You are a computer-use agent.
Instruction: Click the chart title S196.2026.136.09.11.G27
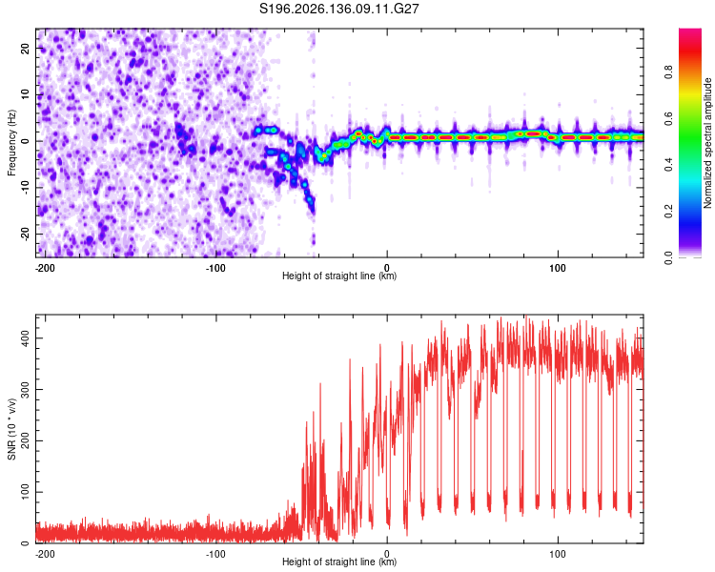338,9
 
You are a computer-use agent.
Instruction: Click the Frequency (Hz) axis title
11,143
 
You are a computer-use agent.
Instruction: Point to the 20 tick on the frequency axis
25,48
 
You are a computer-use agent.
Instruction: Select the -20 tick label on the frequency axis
25,235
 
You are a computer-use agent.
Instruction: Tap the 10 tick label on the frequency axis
25,94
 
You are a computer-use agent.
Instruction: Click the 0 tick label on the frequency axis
25,141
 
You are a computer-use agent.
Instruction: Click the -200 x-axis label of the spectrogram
45,268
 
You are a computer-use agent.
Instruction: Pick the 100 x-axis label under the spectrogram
558,268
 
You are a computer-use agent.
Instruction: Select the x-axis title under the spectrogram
339,276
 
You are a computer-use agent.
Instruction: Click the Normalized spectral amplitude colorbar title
707,143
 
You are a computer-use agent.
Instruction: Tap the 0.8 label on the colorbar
668,71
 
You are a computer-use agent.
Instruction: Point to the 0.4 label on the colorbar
668,165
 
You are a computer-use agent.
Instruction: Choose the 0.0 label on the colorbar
668,257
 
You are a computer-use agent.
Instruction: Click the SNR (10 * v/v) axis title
11,429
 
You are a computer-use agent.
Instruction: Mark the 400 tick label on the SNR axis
25,338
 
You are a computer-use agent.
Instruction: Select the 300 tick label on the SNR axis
25,390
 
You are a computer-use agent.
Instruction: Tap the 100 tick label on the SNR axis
25,492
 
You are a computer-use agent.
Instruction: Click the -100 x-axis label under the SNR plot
215,554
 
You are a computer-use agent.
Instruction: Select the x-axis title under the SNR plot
339,562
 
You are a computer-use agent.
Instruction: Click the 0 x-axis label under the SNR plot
387,554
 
